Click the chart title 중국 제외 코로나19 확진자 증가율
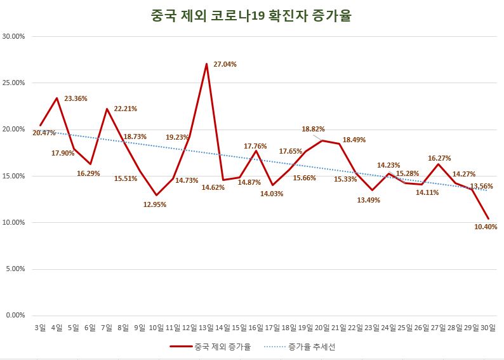(251, 15)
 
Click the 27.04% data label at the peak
(226, 64)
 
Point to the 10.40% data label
(486, 227)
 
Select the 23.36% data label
(76, 98)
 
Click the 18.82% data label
(314, 129)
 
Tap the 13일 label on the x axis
(206, 328)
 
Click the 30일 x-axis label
(487, 328)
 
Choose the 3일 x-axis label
(40, 328)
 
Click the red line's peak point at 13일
(206, 64)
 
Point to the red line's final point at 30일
(488, 218)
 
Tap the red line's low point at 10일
(156, 195)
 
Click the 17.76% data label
(256, 146)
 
